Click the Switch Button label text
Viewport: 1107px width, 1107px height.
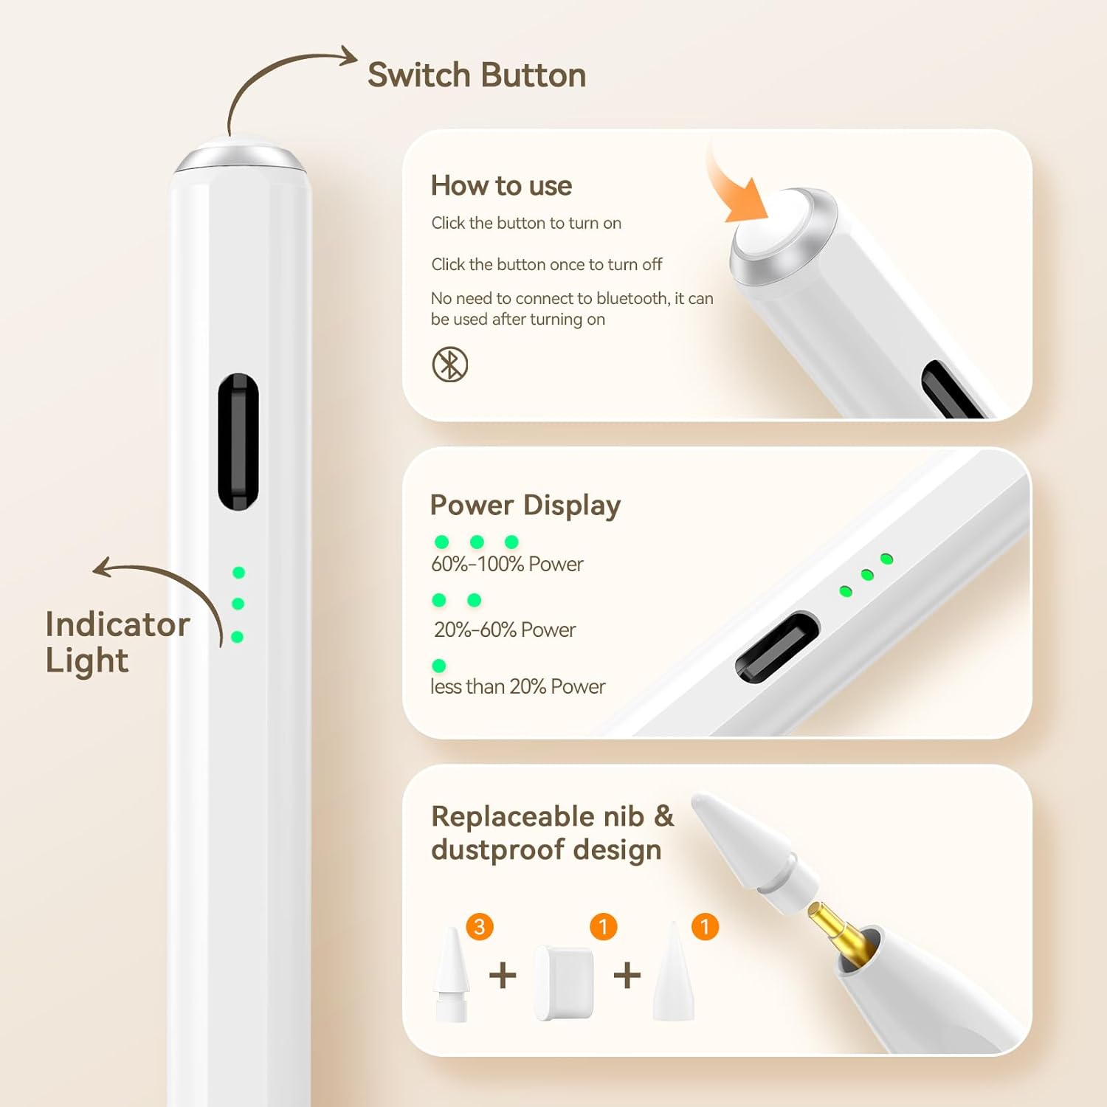[477, 75]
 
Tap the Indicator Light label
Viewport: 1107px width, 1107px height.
[117, 642]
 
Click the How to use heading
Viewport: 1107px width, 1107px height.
[501, 186]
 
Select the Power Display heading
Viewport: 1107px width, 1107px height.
[525, 506]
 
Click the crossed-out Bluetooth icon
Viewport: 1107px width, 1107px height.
[449, 365]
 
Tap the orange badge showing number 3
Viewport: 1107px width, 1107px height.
[480, 926]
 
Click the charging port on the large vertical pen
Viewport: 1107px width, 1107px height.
[238, 441]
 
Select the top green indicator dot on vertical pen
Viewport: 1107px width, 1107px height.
[238, 573]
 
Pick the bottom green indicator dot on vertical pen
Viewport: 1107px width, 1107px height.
[237, 637]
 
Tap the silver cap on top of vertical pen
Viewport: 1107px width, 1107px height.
[240, 156]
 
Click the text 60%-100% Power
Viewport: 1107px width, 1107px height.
[507, 565]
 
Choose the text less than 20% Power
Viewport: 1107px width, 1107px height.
[517, 687]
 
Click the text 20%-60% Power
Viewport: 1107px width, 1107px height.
[504, 630]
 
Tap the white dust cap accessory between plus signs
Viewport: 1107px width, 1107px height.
[564, 983]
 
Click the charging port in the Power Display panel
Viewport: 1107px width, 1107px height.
[777, 646]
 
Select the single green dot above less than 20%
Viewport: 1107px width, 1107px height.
[439, 666]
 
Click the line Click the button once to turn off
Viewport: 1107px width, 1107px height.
[546, 264]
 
